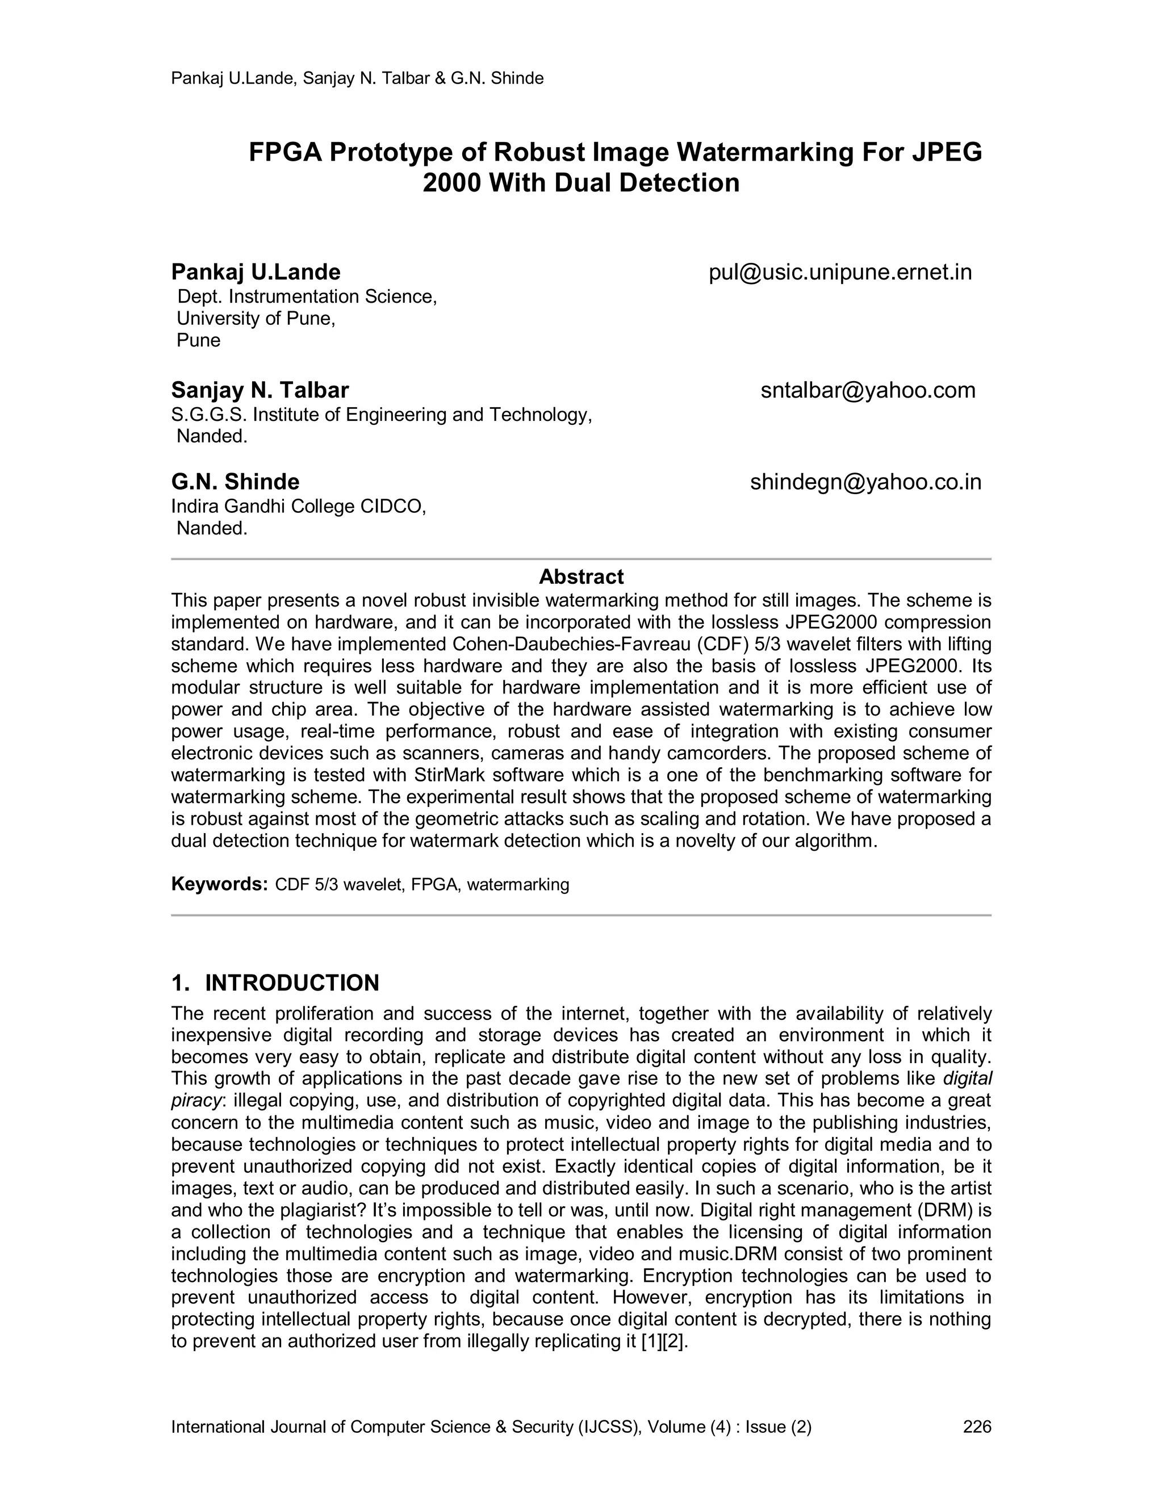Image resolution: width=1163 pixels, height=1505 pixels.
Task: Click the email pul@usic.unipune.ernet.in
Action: (x=840, y=272)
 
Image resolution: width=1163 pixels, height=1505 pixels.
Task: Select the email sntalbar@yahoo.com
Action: (x=868, y=390)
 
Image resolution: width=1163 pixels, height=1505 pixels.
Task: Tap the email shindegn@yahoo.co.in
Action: (x=865, y=482)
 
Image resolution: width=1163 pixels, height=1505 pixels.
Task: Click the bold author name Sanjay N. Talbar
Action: (x=260, y=390)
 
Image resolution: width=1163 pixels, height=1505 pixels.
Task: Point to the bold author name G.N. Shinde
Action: (x=235, y=482)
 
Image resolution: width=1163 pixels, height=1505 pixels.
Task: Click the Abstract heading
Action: (x=581, y=577)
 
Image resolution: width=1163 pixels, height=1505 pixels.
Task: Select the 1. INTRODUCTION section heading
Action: (x=275, y=983)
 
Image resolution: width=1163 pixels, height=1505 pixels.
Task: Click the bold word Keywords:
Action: (x=219, y=884)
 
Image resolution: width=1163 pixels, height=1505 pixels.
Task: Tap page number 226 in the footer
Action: (x=976, y=1427)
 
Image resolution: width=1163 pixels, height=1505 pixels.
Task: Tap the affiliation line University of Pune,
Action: (x=256, y=319)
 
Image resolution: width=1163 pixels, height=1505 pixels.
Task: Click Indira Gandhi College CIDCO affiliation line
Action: (x=298, y=507)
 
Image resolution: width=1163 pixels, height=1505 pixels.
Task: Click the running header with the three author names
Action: (x=357, y=78)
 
